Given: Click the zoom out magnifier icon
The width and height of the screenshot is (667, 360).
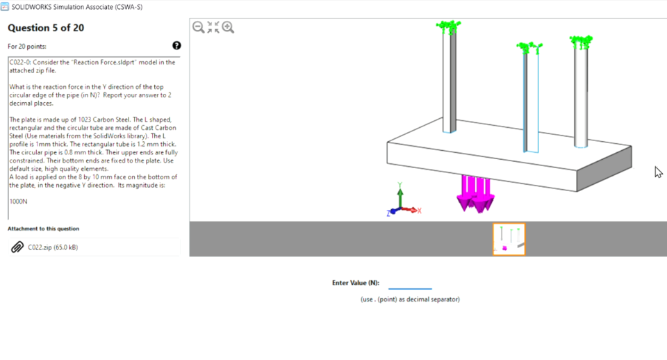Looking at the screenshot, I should [x=198, y=27].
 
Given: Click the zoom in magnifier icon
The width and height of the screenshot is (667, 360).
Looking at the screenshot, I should [x=228, y=27].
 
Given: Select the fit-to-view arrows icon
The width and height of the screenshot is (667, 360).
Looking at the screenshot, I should [x=213, y=27].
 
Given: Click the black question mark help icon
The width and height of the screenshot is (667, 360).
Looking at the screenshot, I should [x=176, y=46].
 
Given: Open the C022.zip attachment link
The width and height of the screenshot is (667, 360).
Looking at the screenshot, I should [x=53, y=247].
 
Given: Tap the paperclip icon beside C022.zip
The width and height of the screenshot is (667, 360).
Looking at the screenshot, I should [x=17, y=247].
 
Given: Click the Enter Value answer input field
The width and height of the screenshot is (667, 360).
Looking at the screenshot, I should [x=410, y=283].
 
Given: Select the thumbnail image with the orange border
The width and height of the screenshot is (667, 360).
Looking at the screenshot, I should [x=509, y=239].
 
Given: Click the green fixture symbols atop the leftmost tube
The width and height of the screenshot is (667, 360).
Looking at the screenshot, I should [x=449, y=27].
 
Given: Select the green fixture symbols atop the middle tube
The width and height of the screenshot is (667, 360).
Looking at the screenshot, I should [x=529, y=47].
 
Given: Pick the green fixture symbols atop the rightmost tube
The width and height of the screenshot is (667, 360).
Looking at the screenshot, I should [x=580, y=41].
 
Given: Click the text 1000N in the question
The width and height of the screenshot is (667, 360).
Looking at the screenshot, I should [x=18, y=201].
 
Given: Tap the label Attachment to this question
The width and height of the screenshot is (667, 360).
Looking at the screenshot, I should [x=43, y=229].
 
